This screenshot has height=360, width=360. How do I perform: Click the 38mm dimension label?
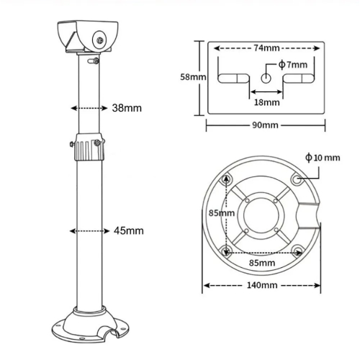(x=127, y=108)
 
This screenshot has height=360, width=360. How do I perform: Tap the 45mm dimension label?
(x=129, y=231)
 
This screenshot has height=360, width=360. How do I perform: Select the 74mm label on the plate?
(x=266, y=48)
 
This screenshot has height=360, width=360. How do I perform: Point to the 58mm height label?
(x=193, y=77)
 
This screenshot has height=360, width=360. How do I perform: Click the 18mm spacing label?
(x=267, y=102)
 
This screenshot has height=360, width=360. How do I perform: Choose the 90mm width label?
(x=265, y=125)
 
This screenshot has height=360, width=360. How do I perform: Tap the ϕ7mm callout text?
(x=293, y=65)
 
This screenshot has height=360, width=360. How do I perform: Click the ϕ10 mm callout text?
(x=323, y=158)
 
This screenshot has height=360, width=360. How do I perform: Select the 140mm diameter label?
(x=262, y=285)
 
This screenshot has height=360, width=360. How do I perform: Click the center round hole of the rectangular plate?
(x=266, y=78)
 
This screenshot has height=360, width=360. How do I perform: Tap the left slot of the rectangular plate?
(x=233, y=78)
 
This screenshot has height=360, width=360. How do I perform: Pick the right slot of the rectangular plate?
(x=299, y=78)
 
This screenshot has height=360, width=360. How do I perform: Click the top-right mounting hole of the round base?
(x=297, y=179)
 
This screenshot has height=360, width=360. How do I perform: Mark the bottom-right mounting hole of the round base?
(x=297, y=251)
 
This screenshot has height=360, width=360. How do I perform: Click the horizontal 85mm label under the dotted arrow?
(x=262, y=263)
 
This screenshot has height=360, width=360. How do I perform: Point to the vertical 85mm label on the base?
(x=222, y=213)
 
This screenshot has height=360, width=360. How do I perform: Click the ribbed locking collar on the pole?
(x=89, y=147)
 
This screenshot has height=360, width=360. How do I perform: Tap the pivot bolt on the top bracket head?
(x=100, y=40)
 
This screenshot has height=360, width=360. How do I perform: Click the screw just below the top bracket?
(x=93, y=60)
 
